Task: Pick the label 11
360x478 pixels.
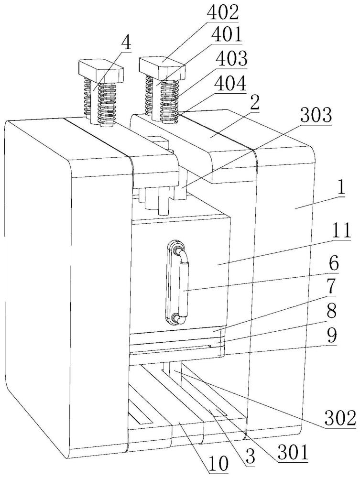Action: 340,232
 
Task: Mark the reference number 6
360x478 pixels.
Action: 334,264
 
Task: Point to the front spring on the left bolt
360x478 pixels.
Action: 107,104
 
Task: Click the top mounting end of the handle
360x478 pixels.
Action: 178,250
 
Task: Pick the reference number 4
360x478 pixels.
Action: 127,44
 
